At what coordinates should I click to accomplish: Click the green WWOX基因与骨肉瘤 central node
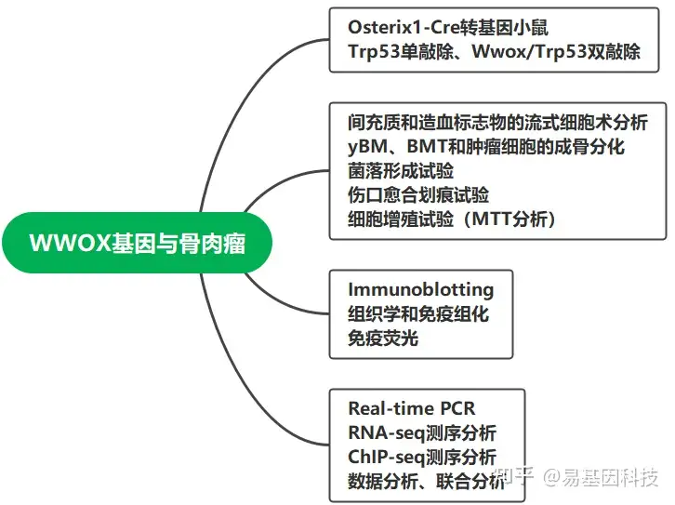(x=139, y=243)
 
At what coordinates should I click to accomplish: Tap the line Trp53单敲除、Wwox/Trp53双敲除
(x=494, y=51)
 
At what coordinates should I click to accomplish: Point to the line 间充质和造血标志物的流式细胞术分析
(x=497, y=122)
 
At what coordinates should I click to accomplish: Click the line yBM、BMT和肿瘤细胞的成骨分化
(x=485, y=147)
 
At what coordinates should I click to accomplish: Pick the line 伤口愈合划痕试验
(x=418, y=195)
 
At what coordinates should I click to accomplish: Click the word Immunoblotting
(x=420, y=289)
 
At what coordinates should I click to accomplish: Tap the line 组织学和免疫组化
(x=418, y=313)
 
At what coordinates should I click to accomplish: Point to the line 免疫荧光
(x=383, y=338)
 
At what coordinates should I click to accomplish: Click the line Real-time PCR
(x=412, y=408)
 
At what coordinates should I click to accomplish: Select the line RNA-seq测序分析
(x=422, y=433)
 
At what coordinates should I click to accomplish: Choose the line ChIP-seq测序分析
(x=422, y=458)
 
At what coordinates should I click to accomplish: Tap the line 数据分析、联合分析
(x=427, y=482)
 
